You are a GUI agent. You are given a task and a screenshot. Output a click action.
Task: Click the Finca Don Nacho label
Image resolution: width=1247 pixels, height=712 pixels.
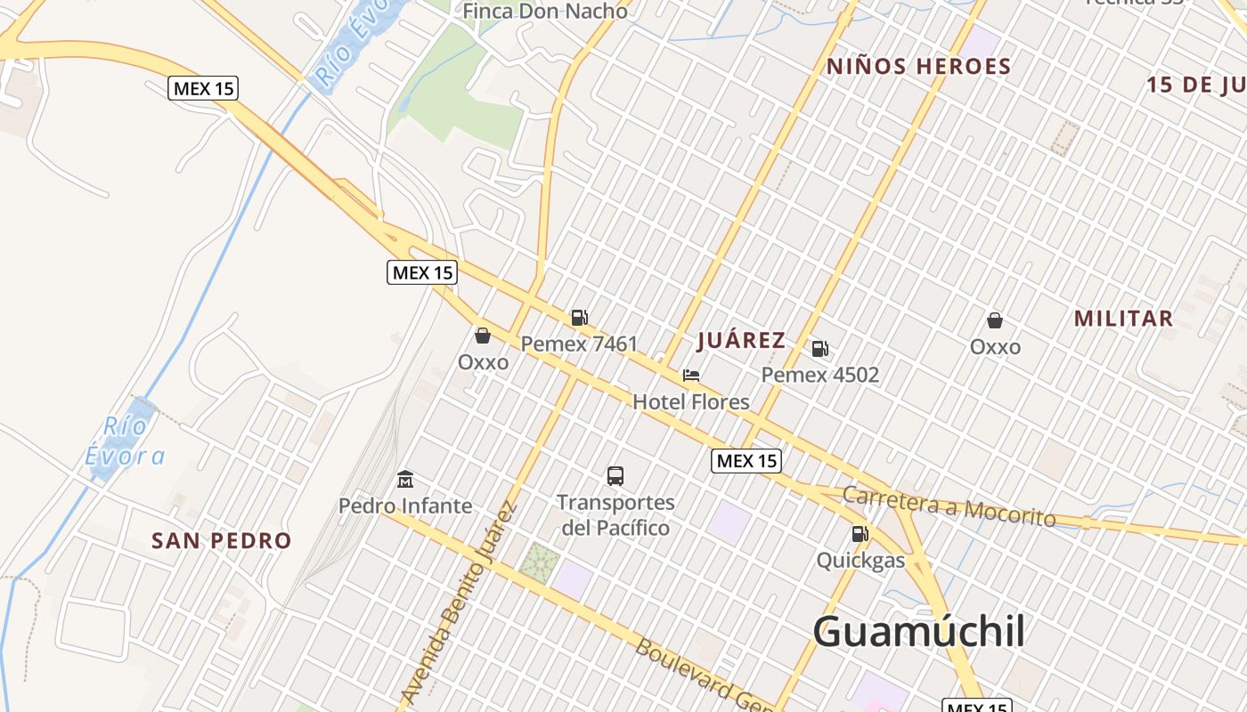point(546,11)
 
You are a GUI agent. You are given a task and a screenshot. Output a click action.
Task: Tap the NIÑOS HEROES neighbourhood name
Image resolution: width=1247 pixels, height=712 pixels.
point(918,67)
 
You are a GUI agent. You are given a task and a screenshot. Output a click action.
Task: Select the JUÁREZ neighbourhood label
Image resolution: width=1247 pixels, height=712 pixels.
point(741,340)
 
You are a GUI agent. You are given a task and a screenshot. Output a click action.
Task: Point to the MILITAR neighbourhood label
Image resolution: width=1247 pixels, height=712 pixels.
point(1123,319)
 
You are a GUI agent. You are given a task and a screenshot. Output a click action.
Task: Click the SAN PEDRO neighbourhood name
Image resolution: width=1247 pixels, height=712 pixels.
point(221,540)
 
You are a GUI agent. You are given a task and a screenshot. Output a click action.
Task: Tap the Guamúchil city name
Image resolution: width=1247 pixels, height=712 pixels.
point(918,632)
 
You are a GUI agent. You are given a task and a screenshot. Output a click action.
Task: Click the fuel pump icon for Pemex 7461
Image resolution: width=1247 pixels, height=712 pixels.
point(579,318)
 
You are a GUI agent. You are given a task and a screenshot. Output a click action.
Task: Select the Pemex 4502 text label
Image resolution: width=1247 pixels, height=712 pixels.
point(819,375)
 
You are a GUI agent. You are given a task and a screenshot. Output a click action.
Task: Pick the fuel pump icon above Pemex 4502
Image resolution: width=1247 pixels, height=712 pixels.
point(819,349)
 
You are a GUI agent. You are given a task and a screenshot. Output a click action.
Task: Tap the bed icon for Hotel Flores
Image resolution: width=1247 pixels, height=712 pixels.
point(691,376)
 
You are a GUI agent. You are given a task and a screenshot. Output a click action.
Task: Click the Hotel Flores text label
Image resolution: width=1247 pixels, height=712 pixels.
point(691,402)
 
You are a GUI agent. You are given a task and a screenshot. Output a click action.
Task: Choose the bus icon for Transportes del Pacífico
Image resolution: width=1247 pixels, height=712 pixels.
point(615,476)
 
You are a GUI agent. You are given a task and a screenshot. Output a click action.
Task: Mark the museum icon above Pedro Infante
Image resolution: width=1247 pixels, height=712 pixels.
point(405,480)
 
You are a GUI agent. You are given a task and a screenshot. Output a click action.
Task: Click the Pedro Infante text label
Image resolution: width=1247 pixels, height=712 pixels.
point(405,506)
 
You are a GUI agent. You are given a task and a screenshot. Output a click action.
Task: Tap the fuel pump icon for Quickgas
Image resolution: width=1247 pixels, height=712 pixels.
point(860,534)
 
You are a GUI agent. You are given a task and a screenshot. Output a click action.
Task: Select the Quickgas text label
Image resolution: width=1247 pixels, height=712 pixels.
point(860,561)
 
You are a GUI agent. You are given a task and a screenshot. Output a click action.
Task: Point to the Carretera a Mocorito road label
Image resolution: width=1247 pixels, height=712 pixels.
point(949,507)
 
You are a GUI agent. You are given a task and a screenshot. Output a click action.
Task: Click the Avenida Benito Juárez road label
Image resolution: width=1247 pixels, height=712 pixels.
point(459,603)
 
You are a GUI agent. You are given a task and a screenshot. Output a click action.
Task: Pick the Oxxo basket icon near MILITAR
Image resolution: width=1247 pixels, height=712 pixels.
point(995,320)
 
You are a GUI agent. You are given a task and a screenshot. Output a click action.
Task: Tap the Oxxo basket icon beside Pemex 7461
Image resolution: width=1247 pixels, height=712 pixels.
point(483,336)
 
